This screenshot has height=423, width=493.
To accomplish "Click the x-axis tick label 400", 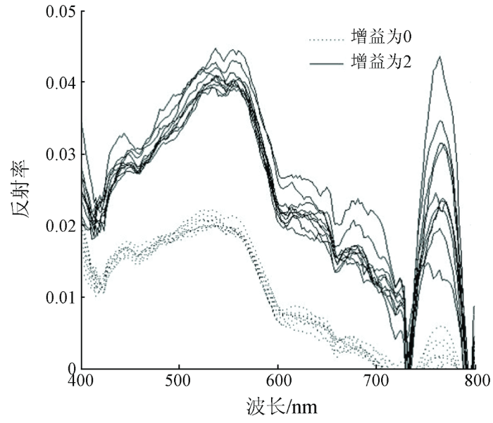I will [x=83, y=381].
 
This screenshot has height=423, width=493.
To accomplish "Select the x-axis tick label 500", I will [x=180, y=381].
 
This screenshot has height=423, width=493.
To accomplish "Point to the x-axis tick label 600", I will [x=280, y=381].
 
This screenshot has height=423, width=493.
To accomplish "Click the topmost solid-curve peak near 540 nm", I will [x=216, y=49].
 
